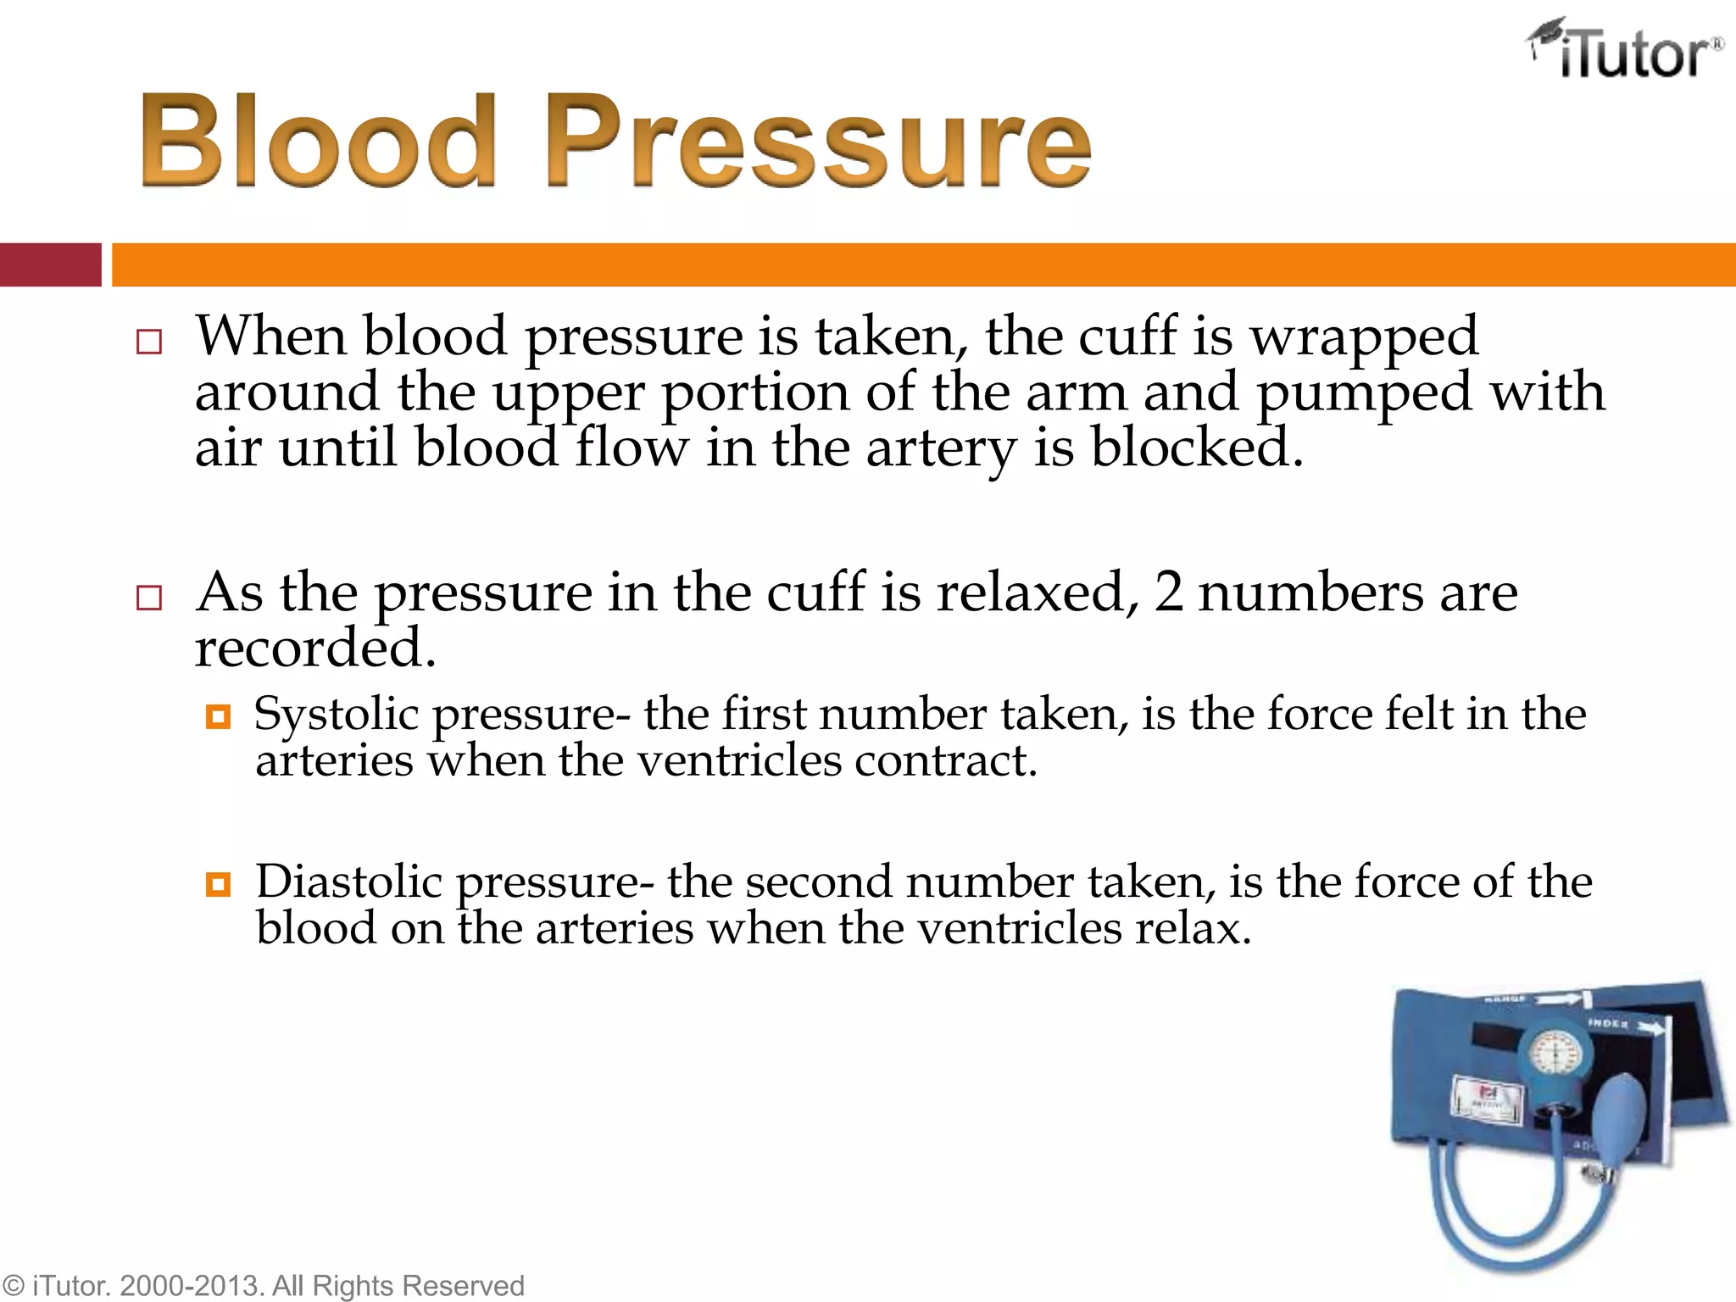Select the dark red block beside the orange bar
pyautogui.click(x=50, y=264)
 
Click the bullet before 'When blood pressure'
pyautogui.click(x=148, y=342)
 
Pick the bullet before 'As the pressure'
pyautogui.click(x=148, y=598)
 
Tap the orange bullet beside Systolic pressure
pyautogui.click(x=218, y=718)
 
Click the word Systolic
pyautogui.click(x=337, y=714)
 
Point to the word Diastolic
pyautogui.click(x=348, y=882)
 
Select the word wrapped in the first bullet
pyautogui.click(x=1364, y=337)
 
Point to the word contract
pyautogui.click(x=944, y=760)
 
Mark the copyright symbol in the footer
pyautogui.click(x=14, y=1286)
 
